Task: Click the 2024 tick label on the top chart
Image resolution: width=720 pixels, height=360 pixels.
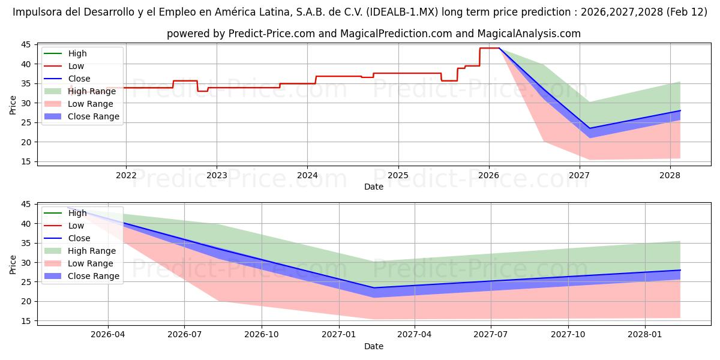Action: [307, 175]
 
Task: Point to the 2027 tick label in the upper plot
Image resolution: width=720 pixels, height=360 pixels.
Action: [579, 175]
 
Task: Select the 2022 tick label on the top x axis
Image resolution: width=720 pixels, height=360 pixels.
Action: [126, 175]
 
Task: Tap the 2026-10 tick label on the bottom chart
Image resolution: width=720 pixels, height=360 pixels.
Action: [262, 335]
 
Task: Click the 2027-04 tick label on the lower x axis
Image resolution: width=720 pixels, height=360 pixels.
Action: [415, 335]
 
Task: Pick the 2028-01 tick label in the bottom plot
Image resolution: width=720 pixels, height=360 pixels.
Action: [645, 335]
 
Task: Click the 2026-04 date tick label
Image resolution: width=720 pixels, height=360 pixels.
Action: [108, 335]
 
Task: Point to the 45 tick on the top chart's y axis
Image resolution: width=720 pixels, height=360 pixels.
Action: [26, 44]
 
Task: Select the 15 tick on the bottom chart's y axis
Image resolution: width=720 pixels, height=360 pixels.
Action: [26, 321]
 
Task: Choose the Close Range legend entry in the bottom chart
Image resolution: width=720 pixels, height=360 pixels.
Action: [94, 276]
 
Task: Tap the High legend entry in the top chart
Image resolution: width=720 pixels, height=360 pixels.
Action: [77, 53]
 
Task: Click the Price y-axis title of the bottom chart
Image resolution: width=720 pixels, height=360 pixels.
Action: [13, 264]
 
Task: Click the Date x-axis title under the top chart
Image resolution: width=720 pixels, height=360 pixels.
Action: [374, 187]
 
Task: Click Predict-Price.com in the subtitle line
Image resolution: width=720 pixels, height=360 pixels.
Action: [272, 34]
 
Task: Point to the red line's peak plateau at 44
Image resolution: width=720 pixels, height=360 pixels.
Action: [489, 48]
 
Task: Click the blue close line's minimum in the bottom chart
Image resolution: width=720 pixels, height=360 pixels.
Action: [374, 287]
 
